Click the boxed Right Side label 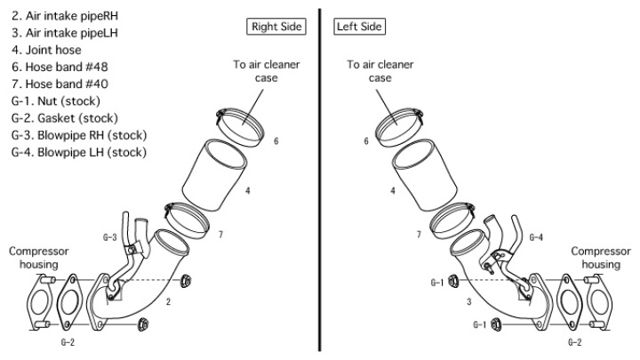click(276, 27)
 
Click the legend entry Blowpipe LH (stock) click(78, 152)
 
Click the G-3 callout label click(110, 237)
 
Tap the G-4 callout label click(536, 237)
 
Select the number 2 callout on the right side click(168, 303)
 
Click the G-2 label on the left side click(68, 341)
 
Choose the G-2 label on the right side click(575, 341)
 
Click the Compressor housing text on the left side click(38, 258)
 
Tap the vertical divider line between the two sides click(319, 178)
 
